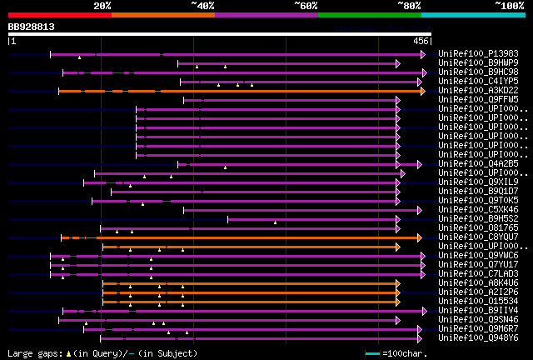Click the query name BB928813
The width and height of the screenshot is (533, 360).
32,27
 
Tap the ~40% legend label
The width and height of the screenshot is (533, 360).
202,6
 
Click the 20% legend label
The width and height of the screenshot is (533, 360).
102,6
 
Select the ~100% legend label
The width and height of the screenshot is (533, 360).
509,6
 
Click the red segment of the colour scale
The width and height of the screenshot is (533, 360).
58,15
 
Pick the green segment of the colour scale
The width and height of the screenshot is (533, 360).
369,15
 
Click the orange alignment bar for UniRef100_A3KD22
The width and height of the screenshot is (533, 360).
250,90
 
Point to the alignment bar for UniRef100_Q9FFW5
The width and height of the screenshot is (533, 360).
291,100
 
